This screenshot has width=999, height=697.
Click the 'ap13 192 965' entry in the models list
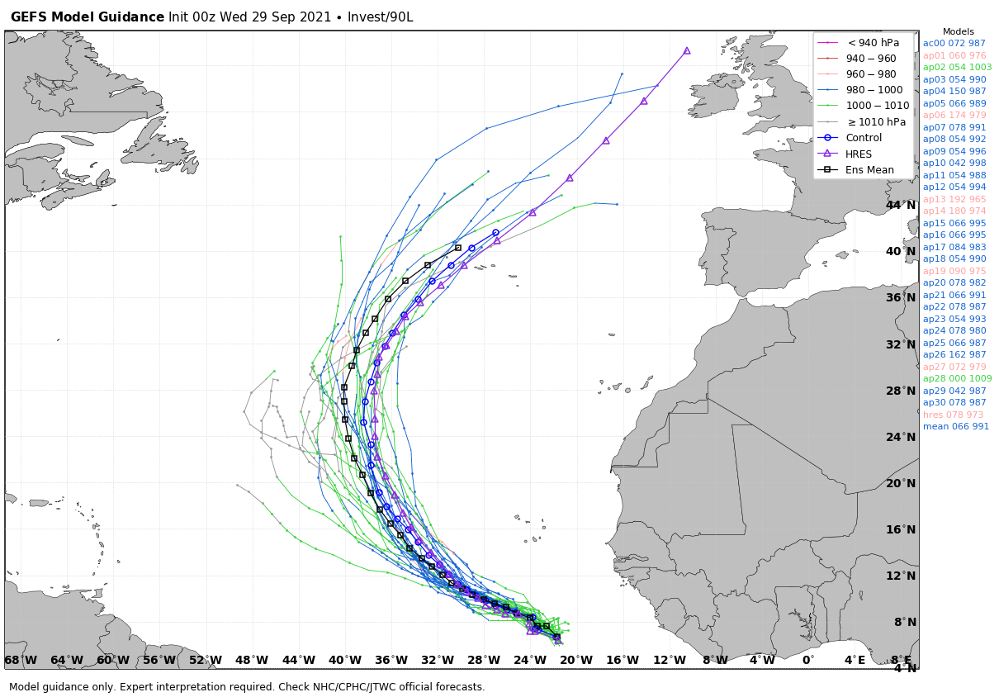[954, 199]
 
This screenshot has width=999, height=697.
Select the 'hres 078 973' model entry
[953, 415]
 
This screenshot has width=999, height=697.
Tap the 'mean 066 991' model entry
[956, 426]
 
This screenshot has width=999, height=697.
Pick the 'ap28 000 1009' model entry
[957, 378]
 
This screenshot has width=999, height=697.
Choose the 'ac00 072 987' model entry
[954, 43]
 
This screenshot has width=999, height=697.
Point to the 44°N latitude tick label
[901, 206]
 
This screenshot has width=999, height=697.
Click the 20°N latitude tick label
[901, 483]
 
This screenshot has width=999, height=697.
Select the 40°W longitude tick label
[345, 660]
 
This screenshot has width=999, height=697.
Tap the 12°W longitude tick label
[670, 660]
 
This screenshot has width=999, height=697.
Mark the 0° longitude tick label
[807, 660]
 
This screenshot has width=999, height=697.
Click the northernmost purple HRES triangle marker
[687, 51]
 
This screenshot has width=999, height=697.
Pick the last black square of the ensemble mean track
[458, 248]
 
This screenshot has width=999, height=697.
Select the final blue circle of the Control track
[495, 233]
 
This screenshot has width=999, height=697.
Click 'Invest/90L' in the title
[380, 17]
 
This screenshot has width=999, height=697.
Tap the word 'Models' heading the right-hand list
[958, 31]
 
